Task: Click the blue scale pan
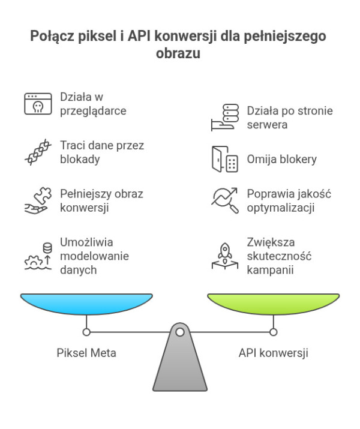pyautogui.click(x=86, y=303)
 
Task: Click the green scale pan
pyautogui.click(x=273, y=303)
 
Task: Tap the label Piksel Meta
pyautogui.click(x=86, y=353)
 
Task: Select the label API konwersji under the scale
pyautogui.click(x=273, y=353)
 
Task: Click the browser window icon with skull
pyautogui.click(x=37, y=103)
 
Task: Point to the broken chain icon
pyautogui.click(x=37, y=152)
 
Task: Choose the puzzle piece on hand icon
pyautogui.click(x=37, y=200)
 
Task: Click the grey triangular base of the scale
pyautogui.click(x=179, y=366)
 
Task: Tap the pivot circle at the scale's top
pyautogui.click(x=179, y=331)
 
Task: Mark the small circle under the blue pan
pyautogui.click(x=86, y=332)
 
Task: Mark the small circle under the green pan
pyautogui.click(x=273, y=332)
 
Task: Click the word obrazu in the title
pyautogui.click(x=179, y=53)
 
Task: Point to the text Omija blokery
pyautogui.click(x=282, y=160)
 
